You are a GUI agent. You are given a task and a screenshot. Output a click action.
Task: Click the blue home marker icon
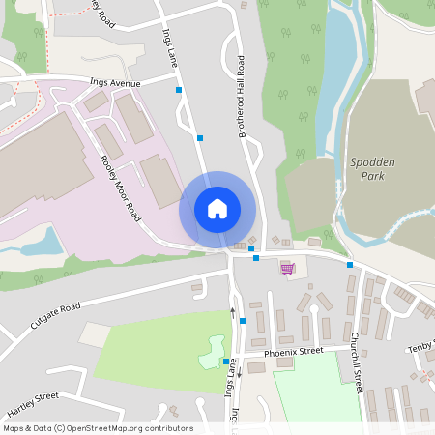[x=217, y=209]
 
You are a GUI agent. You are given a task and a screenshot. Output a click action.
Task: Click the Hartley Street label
[x=32, y=401]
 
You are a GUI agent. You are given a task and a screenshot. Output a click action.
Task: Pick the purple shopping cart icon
[x=287, y=268]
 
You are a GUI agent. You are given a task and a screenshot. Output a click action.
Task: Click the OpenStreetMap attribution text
[x=98, y=428]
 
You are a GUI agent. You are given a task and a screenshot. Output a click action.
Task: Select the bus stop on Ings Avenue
[x=179, y=90]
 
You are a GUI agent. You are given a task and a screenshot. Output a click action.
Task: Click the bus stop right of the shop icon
[x=350, y=265]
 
